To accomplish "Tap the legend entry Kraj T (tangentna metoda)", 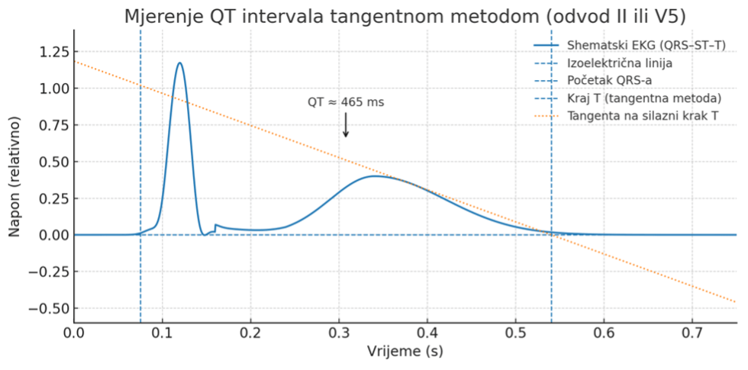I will pos(644,98).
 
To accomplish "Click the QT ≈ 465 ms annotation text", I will pos(346,102).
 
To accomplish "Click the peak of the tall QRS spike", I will pos(180,63).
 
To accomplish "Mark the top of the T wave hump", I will pos(375,176).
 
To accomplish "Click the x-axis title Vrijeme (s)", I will pos(405,352).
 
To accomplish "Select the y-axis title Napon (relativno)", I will pos(15,175).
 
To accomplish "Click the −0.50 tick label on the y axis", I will pos(47,308).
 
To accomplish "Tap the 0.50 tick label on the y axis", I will pos(50,162).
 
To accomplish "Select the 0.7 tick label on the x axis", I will pos(692,333).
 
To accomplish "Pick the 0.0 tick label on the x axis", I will pos(74,333).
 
